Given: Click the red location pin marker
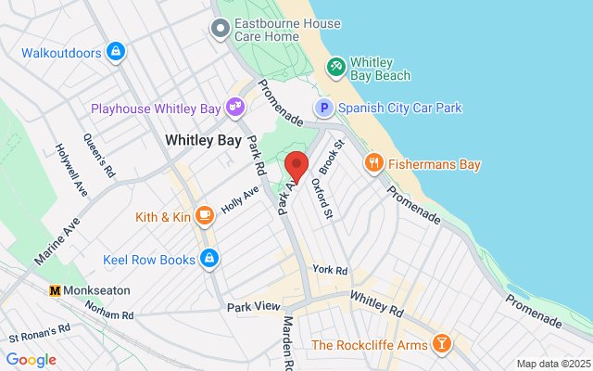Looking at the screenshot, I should pyautogui.click(x=296, y=164).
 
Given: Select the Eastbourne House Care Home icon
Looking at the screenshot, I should pyautogui.click(x=221, y=30).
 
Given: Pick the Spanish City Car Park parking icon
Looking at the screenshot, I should pyautogui.click(x=324, y=109).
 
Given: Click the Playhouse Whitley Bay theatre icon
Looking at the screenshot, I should pyautogui.click(x=236, y=109).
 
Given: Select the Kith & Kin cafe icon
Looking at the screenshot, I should pyautogui.click(x=205, y=217).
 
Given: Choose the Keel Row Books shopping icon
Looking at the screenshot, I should pyautogui.click(x=210, y=258).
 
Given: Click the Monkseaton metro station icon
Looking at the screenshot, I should pyautogui.click(x=55, y=289).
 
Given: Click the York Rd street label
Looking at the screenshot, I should pyautogui.click(x=330, y=270).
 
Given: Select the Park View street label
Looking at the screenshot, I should pyautogui.click(x=253, y=306).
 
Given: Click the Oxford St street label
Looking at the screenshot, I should pyautogui.click(x=323, y=200).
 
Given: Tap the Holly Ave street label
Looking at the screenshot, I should pyautogui.click(x=239, y=198).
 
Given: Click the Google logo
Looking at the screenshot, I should pyautogui.click(x=31, y=360).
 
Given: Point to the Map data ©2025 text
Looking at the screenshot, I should pyautogui.click(x=552, y=364).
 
